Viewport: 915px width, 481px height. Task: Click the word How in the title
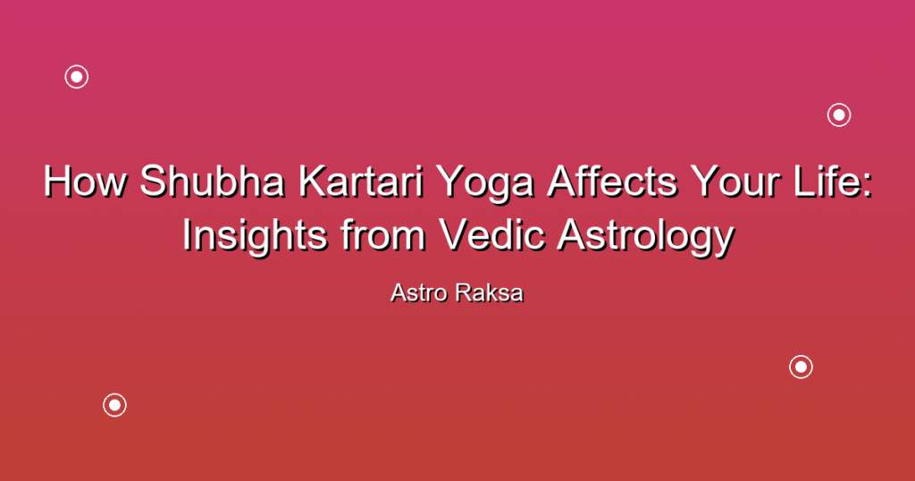click(x=85, y=181)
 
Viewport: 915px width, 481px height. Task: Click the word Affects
click(x=612, y=181)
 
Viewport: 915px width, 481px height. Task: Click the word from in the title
click(x=382, y=234)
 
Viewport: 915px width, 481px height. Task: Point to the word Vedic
click(x=492, y=234)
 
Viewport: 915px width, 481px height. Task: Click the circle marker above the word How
click(x=77, y=77)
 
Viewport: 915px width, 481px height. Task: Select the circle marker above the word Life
click(x=839, y=115)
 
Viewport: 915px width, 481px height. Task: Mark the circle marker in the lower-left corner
click(x=115, y=405)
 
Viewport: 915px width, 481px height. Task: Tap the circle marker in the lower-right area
click(x=802, y=367)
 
